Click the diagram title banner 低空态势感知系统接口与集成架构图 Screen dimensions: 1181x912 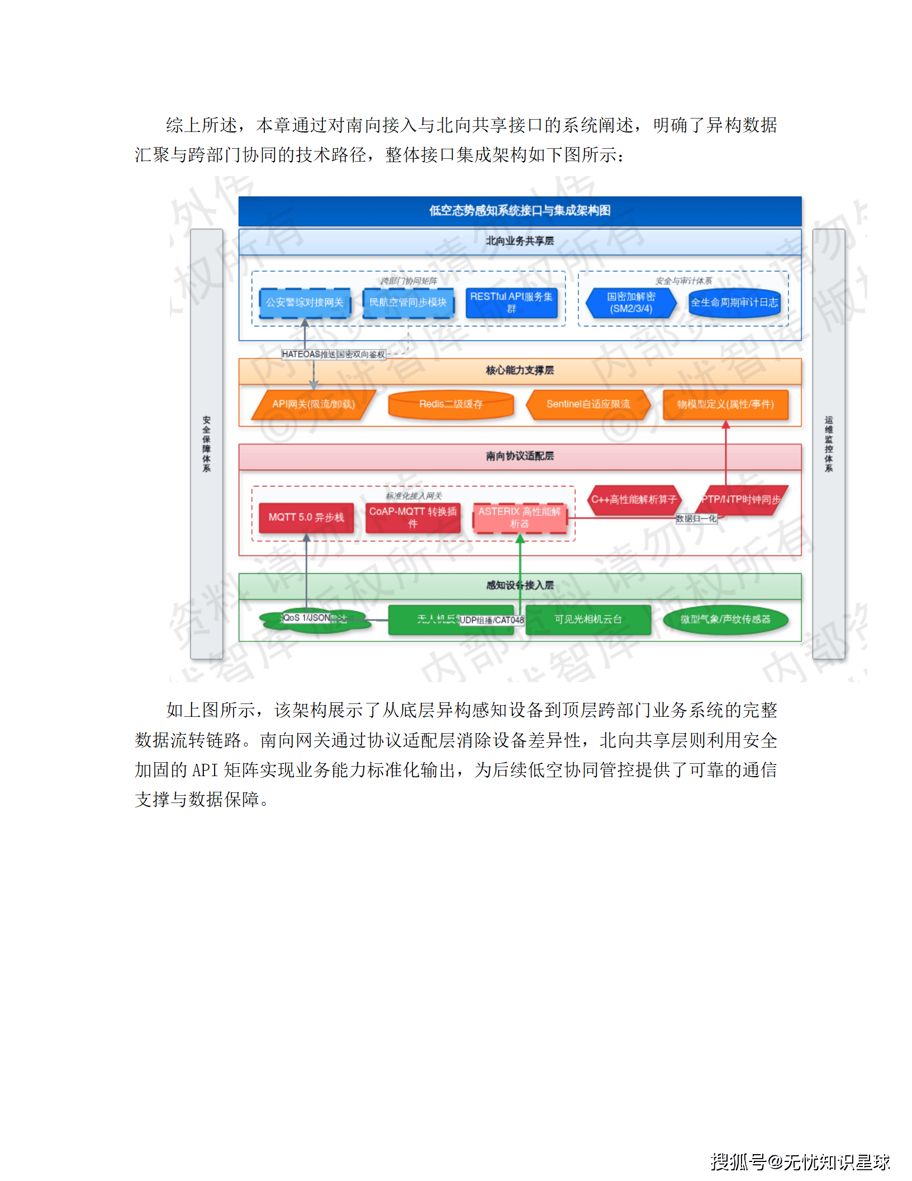coord(520,211)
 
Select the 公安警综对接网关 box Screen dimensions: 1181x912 coord(305,303)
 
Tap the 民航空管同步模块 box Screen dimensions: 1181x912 coord(408,303)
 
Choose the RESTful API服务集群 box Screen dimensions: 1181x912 coord(511,303)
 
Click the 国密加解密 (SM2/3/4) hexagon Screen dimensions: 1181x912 coord(631,303)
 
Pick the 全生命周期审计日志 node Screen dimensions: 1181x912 coord(734,303)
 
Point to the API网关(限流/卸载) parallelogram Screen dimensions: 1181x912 coord(313,404)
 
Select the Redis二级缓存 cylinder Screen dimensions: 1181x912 coord(451,404)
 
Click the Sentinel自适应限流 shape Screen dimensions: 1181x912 coord(588,404)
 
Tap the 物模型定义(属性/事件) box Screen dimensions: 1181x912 coord(725,404)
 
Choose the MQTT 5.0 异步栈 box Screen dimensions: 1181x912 coord(306,517)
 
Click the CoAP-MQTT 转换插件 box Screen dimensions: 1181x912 coord(413,517)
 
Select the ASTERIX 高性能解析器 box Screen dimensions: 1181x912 coord(519,517)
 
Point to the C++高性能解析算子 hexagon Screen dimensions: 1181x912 coord(634,499)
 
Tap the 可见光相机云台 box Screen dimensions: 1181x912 coord(588,620)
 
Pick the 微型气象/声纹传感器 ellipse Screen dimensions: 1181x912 coord(725,620)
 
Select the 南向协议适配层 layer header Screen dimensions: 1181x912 coord(520,456)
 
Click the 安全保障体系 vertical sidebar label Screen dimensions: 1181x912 coord(207,444)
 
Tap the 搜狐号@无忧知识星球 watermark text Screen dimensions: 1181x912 coord(800,1162)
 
